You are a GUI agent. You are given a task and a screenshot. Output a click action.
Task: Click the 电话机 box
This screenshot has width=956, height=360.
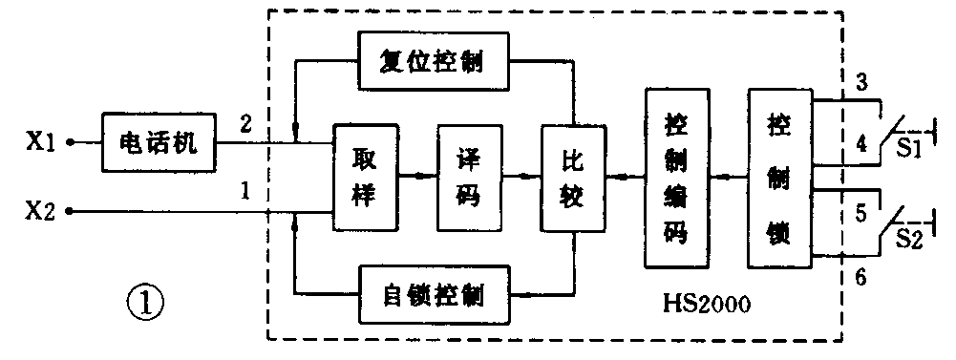coord(159,143)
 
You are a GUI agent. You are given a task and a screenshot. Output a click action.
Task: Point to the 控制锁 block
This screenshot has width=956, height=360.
coord(778,177)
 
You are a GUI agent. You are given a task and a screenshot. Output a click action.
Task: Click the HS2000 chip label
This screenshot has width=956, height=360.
coord(708,306)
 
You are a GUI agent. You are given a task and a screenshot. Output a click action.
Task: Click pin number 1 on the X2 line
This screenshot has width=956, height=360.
coord(245,191)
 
